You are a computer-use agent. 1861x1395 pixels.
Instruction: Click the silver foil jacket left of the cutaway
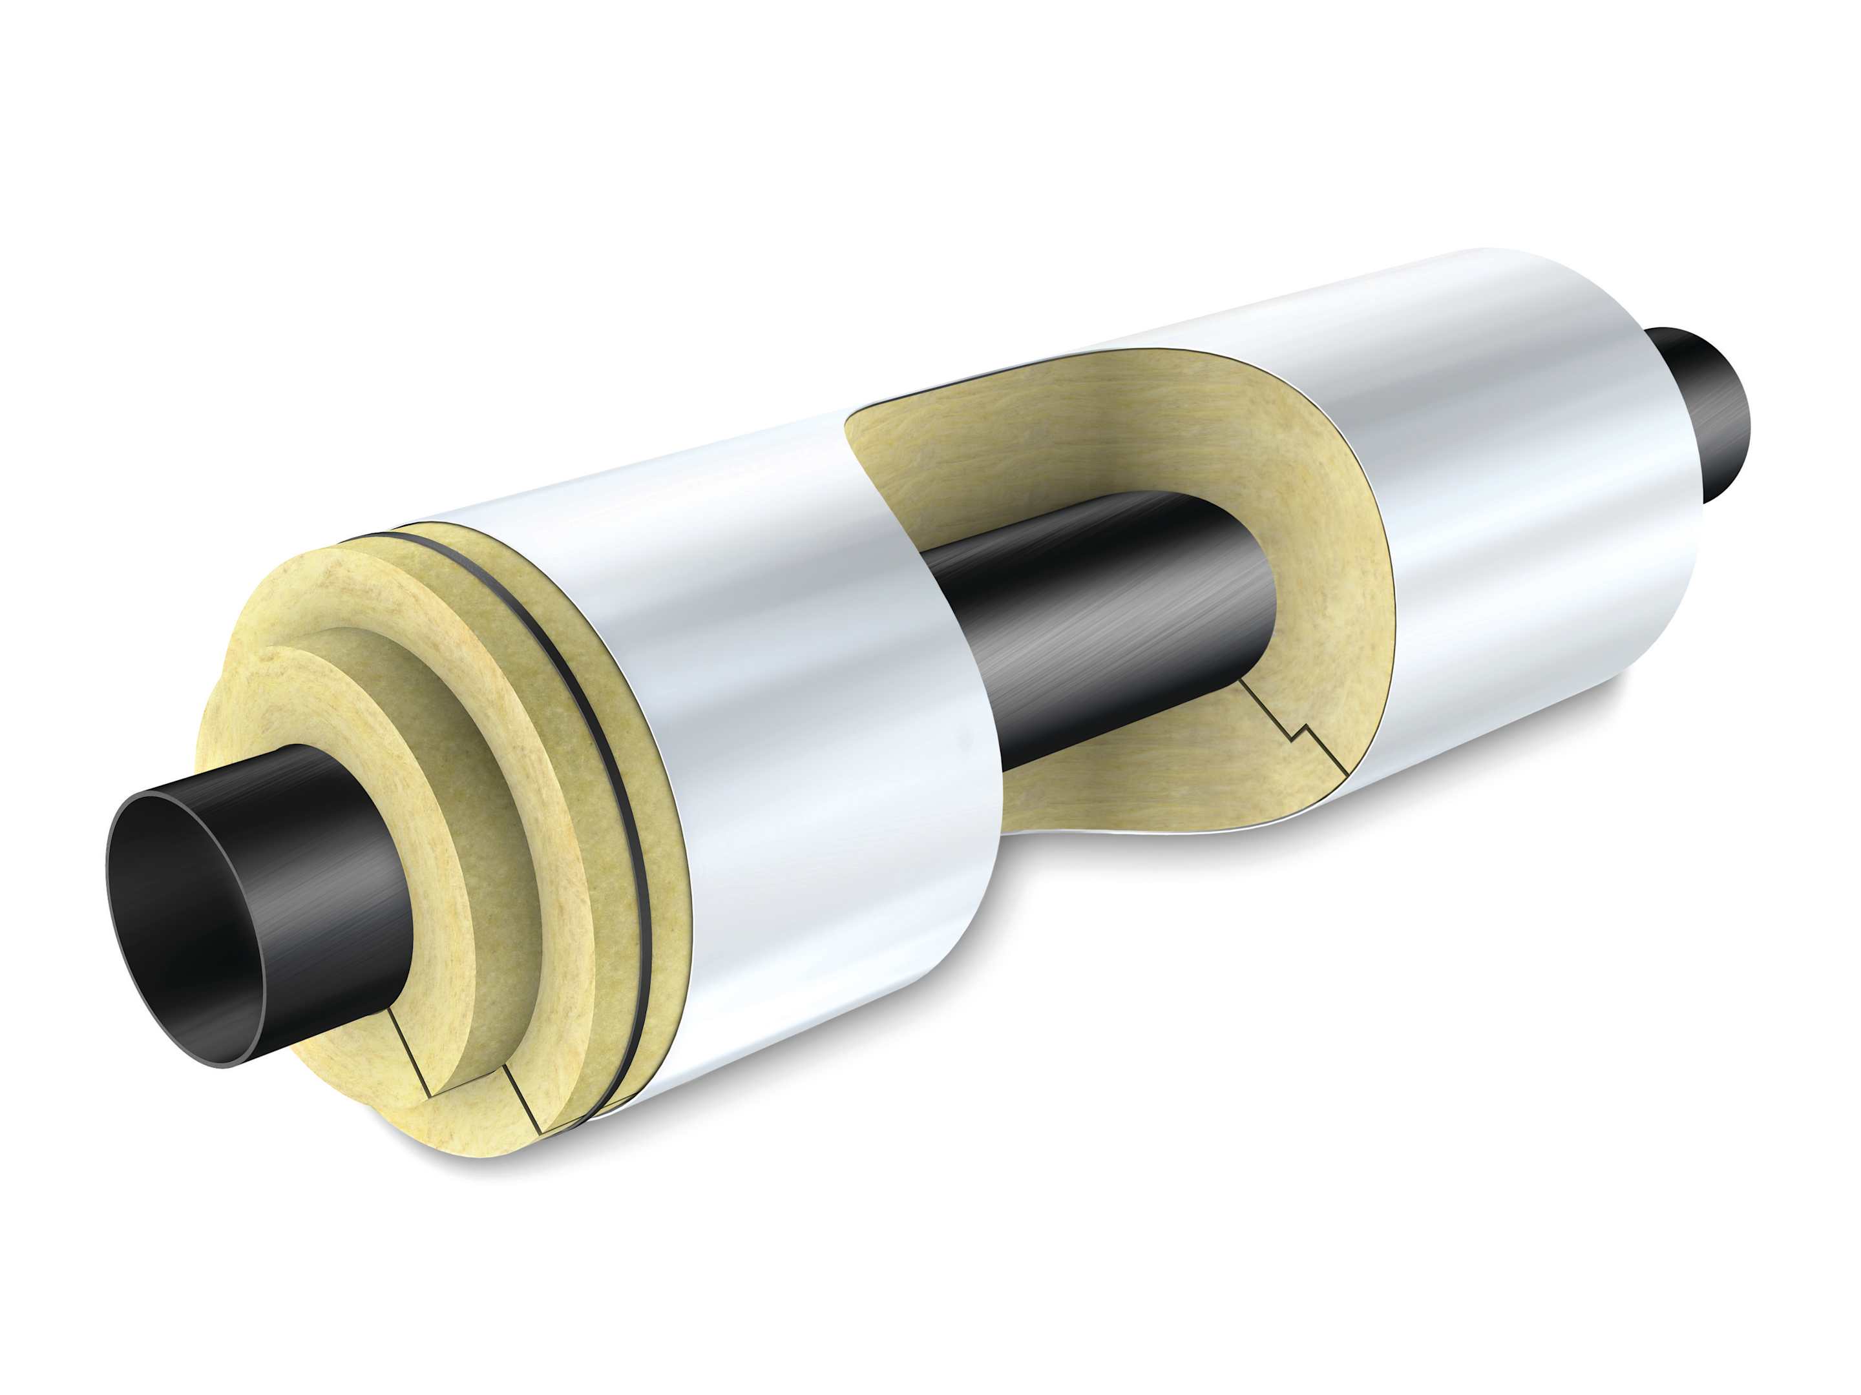[799, 715]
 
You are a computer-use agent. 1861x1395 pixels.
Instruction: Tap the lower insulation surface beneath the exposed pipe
[1136, 807]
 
